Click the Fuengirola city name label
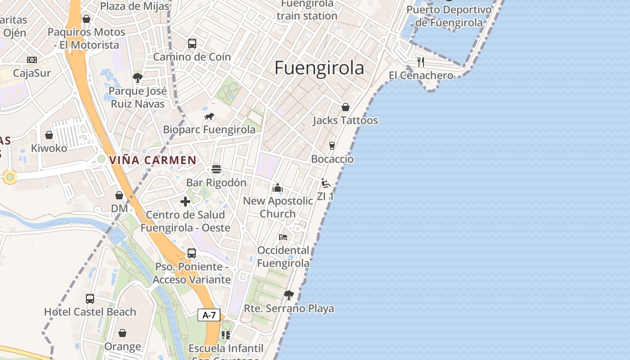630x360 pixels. (x=319, y=68)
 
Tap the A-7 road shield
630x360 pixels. (x=209, y=315)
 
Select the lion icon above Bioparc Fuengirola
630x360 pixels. (x=209, y=117)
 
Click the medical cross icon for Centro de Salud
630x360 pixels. (x=185, y=202)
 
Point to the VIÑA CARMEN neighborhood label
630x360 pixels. (x=153, y=160)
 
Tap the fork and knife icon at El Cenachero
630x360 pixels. (x=421, y=62)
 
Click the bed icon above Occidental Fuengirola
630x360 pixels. (x=283, y=237)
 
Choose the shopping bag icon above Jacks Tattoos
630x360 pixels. (x=345, y=107)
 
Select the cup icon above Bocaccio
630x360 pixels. (x=332, y=146)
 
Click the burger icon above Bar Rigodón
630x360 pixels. (x=216, y=169)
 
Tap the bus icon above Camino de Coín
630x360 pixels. (x=192, y=44)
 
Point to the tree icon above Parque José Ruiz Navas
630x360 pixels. (x=138, y=78)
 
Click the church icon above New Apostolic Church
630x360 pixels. (x=278, y=188)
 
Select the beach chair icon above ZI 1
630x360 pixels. (x=325, y=183)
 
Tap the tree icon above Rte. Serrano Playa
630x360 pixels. (x=289, y=295)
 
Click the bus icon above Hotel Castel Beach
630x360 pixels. (x=90, y=298)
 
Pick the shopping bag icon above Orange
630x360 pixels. (x=122, y=333)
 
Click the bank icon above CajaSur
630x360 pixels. (x=32, y=60)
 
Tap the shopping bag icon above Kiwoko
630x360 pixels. (x=49, y=135)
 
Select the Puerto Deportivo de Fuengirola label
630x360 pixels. (x=449, y=16)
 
